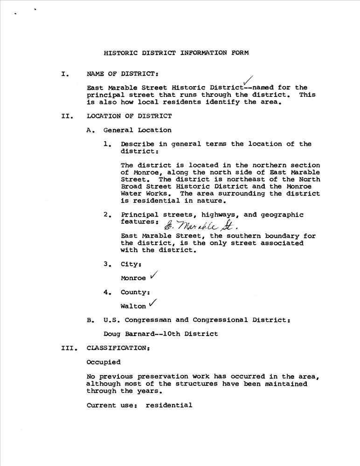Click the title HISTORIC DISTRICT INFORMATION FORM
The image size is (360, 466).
tap(176, 53)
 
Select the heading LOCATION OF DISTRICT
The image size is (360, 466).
tap(129, 116)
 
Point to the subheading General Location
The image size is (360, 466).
tap(137, 130)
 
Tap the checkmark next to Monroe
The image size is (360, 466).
tap(153, 276)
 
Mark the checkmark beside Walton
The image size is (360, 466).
tap(152, 304)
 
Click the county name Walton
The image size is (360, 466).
tap(133, 307)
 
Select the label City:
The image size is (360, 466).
tap(131, 264)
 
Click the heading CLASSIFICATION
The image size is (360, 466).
tap(118, 348)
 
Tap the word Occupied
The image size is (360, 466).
tap(104, 362)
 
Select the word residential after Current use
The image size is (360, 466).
tap(169, 405)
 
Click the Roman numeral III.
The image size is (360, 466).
tap(68, 348)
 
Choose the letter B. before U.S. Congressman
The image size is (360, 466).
tap(90, 320)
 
